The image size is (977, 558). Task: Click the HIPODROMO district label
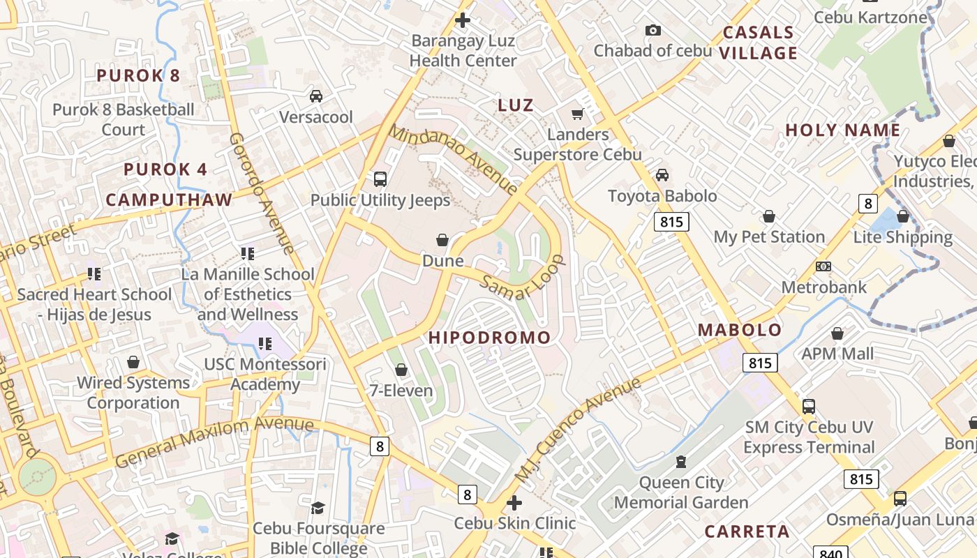[x=489, y=338]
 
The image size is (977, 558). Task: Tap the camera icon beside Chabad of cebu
[x=652, y=30]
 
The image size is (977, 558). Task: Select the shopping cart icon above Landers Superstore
[x=577, y=114]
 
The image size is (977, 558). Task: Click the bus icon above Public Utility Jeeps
[x=380, y=179]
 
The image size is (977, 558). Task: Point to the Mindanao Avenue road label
[x=453, y=160]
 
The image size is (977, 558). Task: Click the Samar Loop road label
[x=522, y=278]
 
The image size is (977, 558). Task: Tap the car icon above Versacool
[x=316, y=96]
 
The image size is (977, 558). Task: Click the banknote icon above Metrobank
[x=823, y=266]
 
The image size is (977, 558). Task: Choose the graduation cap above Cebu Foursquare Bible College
[x=318, y=508]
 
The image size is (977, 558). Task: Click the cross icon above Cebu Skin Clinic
[x=514, y=502]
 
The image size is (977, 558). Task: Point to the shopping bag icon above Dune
[x=442, y=241]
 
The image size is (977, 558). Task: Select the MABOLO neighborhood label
[x=740, y=330]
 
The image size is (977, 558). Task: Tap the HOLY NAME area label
[x=842, y=130]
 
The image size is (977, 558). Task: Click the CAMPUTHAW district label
[x=169, y=199]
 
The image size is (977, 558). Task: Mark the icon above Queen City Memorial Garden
[x=681, y=461]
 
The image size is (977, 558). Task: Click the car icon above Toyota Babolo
[x=662, y=175]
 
